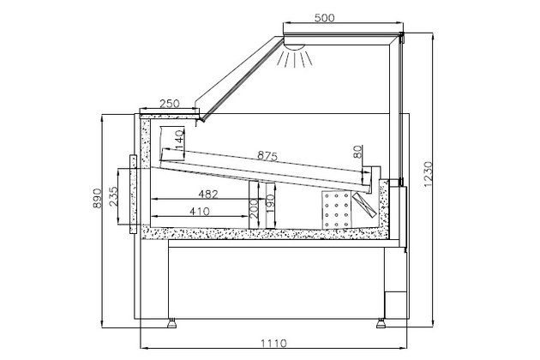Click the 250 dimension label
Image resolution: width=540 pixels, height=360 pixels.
click(170, 104)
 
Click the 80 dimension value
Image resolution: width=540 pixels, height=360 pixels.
click(357, 153)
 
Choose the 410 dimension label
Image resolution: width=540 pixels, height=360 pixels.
click(198, 211)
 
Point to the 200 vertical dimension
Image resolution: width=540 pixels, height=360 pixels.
click(254, 207)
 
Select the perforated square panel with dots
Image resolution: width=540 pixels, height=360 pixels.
click(337, 208)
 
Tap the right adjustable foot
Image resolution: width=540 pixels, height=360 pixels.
click(381, 324)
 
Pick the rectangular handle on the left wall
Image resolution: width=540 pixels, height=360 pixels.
click(132, 192)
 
